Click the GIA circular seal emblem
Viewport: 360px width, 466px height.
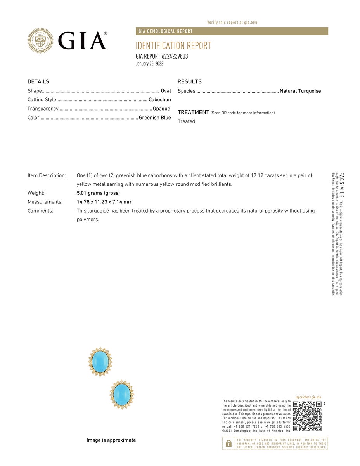(40, 40)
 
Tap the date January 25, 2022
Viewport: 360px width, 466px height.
(149, 64)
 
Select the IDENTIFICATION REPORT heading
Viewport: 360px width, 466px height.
(173, 45)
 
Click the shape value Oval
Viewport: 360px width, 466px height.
(166, 91)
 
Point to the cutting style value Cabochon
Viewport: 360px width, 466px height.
(159, 100)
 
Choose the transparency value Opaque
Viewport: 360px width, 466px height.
(161, 109)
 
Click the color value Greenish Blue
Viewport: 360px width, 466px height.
(155, 118)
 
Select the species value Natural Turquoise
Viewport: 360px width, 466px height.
(300, 91)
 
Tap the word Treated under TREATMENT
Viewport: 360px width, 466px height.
(186, 121)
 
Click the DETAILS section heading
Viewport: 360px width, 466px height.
(38, 81)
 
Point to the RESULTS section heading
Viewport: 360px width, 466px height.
(190, 81)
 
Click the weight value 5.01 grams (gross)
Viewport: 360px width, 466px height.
(98, 193)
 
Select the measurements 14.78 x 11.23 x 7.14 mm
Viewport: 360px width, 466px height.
(105, 202)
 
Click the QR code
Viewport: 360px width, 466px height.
(307, 416)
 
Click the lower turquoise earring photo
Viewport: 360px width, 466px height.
(122, 394)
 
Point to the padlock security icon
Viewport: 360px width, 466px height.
(229, 443)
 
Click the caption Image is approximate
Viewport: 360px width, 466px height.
(111, 440)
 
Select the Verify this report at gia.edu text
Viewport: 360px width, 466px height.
(232, 23)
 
